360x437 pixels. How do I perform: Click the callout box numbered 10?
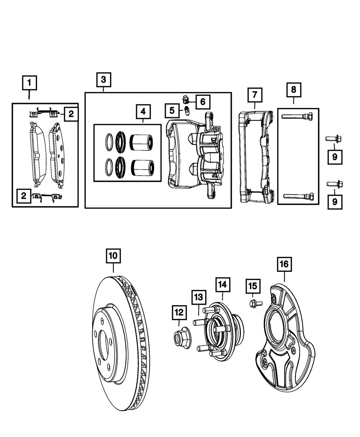pyautogui.click(x=113, y=256)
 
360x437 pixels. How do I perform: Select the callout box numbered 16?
pyautogui.click(x=284, y=264)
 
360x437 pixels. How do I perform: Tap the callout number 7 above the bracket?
pyautogui.click(x=255, y=95)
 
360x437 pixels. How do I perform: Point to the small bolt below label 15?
pyautogui.click(x=253, y=303)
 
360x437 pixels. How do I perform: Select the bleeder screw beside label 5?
pyautogui.click(x=187, y=111)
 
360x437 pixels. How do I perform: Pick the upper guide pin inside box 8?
pyautogui.click(x=297, y=116)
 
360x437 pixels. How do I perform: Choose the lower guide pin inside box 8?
pyautogui.click(x=298, y=196)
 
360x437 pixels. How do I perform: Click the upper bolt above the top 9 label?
pyautogui.click(x=333, y=138)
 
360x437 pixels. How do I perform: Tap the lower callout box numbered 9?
pyautogui.click(x=335, y=202)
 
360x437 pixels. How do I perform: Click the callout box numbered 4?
pyautogui.click(x=143, y=112)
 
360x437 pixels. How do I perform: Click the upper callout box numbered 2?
pyautogui.click(x=71, y=114)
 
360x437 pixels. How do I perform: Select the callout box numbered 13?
pyautogui.click(x=199, y=297)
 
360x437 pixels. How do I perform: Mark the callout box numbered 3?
pyautogui.click(x=103, y=80)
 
